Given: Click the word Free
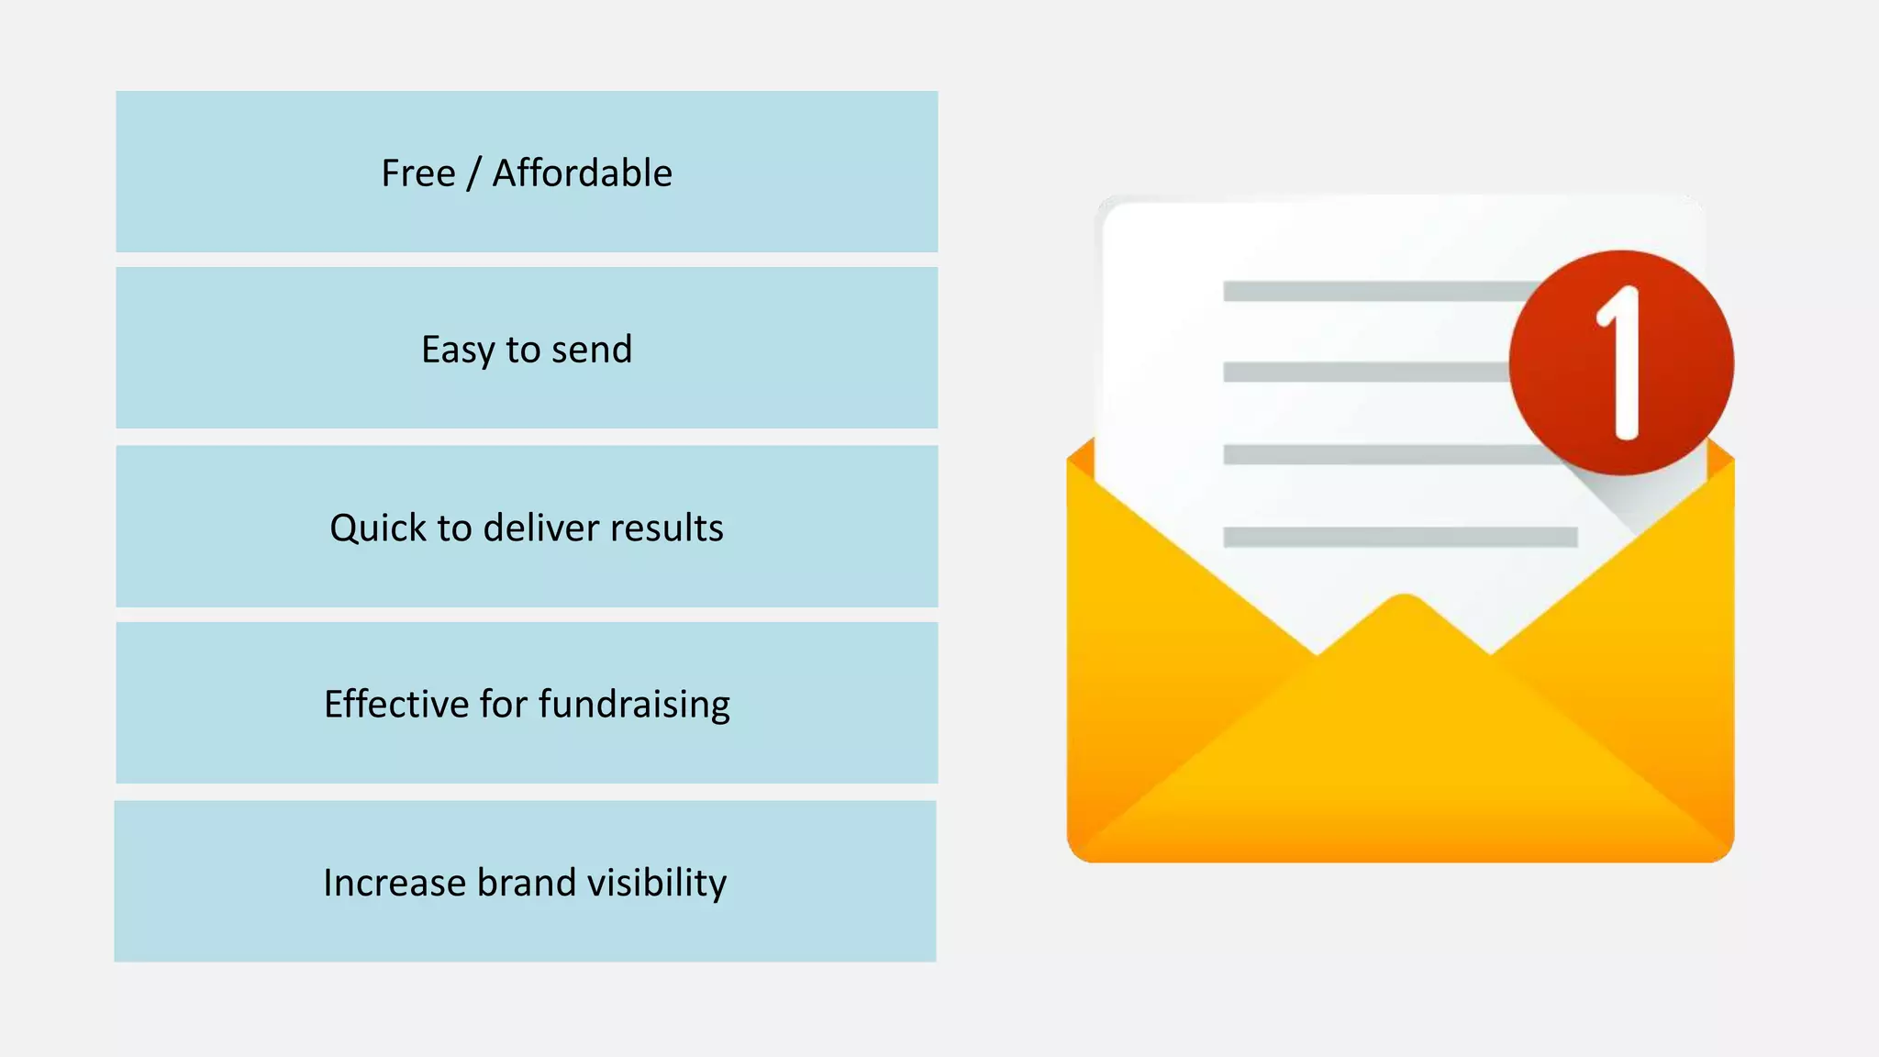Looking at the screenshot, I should [x=418, y=173].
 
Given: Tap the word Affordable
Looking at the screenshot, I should [x=582, y=173].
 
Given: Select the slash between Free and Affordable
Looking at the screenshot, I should [x=473, y=173].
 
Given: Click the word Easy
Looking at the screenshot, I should [x=457, y=350].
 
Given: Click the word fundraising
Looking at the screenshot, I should [x=634, y=705].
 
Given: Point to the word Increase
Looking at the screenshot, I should [x=395, y=883].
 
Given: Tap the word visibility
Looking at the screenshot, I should [x=657, y=883].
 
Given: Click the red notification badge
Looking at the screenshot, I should [x=1621, y=362].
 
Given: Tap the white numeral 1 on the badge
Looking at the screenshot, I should [x=1622, y=362].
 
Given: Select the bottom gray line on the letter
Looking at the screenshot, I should [x=1400, y=537].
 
